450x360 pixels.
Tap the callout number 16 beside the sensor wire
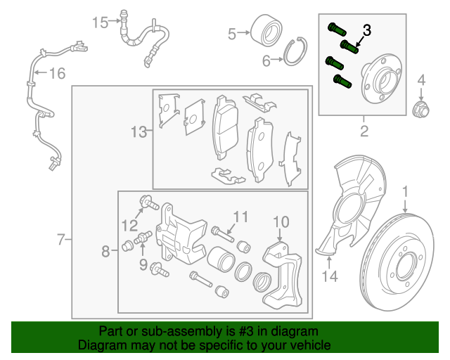(56, 72)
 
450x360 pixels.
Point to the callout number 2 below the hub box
(364, 131)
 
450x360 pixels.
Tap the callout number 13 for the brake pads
(139, 131)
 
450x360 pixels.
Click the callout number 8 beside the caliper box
(105, 251)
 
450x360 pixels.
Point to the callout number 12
(128, 225)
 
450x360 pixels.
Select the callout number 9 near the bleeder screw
(143, 264)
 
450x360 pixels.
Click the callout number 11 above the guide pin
(241, 217)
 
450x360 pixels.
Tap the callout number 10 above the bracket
(281, 223)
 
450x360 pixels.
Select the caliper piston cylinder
(221, 261)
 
